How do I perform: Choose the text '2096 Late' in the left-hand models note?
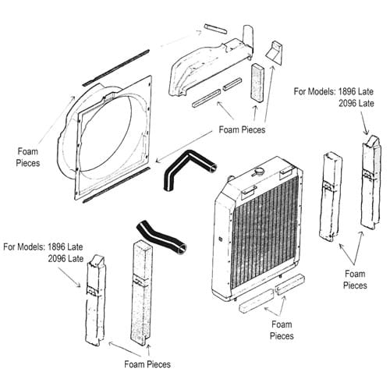click(67, 258)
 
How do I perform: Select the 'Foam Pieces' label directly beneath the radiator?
click(282, 330)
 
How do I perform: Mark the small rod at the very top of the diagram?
click(214, 29)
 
